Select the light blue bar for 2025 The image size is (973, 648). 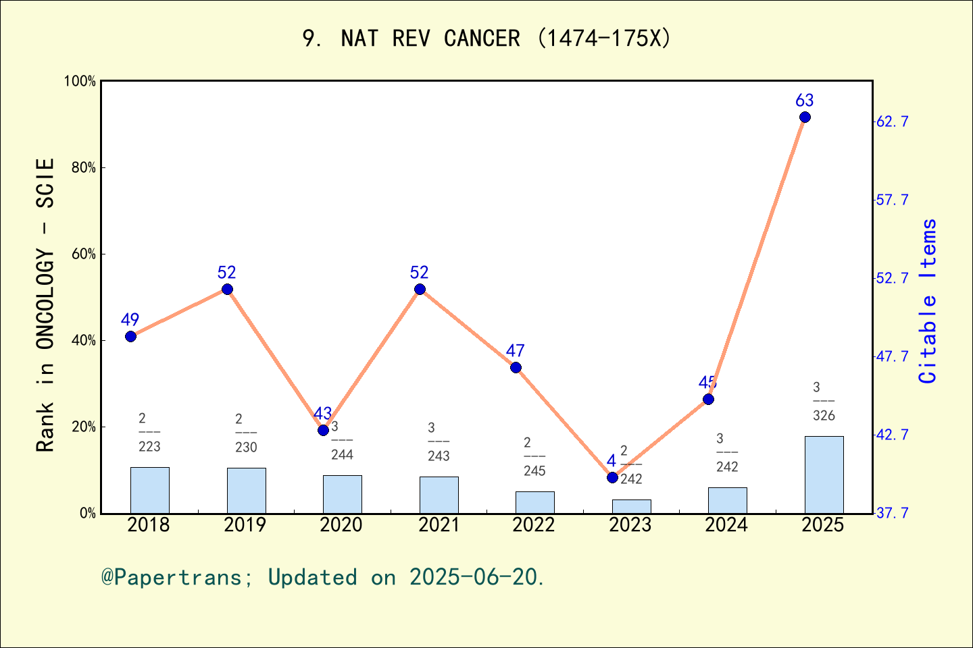pyautogui.click(x=824, y=475)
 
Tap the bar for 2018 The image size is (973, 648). pyautogui.click(x=149, y=490)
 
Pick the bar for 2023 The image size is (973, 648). pyautogui.click(x=631, y=506)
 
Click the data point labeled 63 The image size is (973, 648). pyautogui.click(x=805, y=117)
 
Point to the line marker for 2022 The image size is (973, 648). pyautogui.click(x=516, y=367)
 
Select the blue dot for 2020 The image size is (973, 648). pyautogui.click(x=323, y=430)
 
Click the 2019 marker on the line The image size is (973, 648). pyautogui.click(x=227, y=289)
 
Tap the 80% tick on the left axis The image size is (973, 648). pyautogui.click(x=84, y=167)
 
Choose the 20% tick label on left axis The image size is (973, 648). pyautogui.click(x=84, y=427)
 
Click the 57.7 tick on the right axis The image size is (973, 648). pyautogui.click(x=893, y=200)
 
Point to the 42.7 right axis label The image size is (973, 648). pyautogui.click(x=893, y=435)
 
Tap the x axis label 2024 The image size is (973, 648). pyautogui.click(x=726, y=525)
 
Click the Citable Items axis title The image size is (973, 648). pyautogui.click(x=928, y=301)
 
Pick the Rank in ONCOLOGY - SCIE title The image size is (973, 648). pyautogui.click(x=45, y=305)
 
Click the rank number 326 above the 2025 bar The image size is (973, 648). pyautogui.click(x=824, y=416)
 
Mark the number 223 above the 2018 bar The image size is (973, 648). pyautogui.click(x=149, y=447)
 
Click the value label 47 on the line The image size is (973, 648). pyautogui.click(x=515, y=351)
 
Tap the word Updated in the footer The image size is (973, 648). pyautogui.click(x=312, y=578)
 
